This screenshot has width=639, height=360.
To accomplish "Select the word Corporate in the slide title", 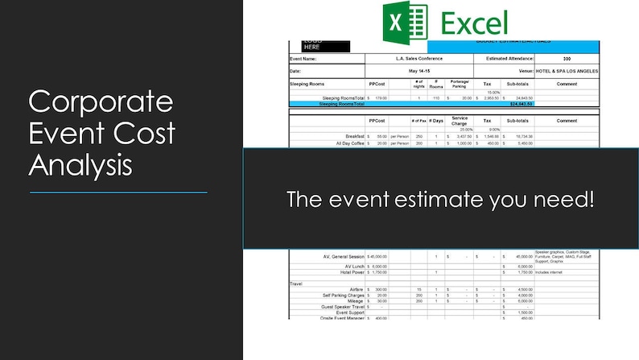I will point(101,102).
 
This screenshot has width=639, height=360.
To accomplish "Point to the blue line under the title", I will point(118,192).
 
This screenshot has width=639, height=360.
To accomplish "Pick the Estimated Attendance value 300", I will point(567,59).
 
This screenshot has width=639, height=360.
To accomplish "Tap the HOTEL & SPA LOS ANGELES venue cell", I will point(567,71).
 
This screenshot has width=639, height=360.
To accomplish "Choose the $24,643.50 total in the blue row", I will point(521,103).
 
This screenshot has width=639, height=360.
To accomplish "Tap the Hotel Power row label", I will point(347,271).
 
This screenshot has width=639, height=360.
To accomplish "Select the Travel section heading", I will point(298,283).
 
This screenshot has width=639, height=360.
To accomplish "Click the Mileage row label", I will point(351,300).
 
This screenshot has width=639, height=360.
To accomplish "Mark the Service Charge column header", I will point(460,121).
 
